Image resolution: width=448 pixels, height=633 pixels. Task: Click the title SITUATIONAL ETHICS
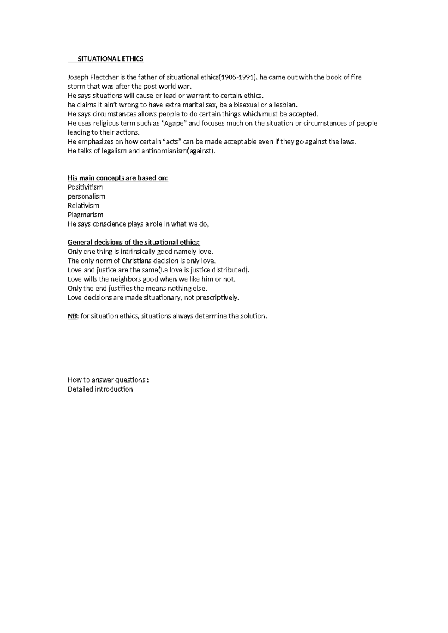click(x=110, y=59)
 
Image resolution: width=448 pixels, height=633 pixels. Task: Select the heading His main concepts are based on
click(x=118, y=178)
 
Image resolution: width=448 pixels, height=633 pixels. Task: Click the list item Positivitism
click(x=85, y=187)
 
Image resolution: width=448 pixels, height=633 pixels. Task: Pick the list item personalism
click(x=86, y=196)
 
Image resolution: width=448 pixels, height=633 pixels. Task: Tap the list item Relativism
click(x=83, y=206)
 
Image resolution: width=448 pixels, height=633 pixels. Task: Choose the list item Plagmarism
click(x=85, y=215)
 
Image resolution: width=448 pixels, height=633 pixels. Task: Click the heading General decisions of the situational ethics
click(x=134, y=242)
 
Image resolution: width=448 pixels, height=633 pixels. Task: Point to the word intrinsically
click(x=138, y=252)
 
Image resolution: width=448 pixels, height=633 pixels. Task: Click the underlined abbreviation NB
click(x=72, y=316)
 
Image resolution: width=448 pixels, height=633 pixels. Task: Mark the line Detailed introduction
click(x=100, y=389)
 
